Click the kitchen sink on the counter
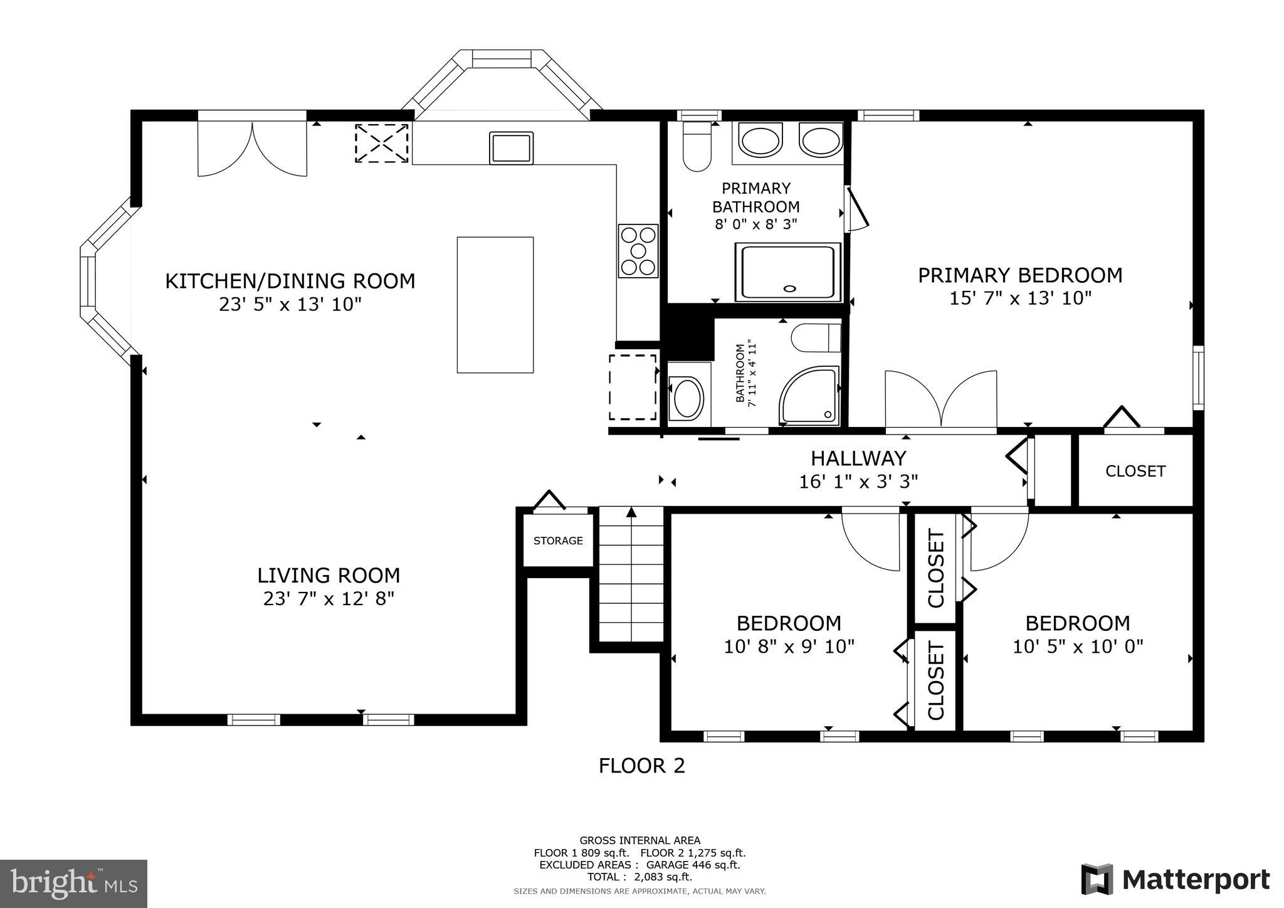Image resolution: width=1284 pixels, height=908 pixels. [511, 148]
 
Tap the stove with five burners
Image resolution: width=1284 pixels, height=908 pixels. [638, 251]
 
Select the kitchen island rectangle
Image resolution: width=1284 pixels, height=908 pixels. [495, 305]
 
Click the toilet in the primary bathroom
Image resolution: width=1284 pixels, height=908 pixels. [697, 148]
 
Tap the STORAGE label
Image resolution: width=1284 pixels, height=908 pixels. [558, 541]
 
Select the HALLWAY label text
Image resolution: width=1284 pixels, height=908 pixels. [858, 458]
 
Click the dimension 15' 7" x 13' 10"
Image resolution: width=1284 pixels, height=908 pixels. [1020, 298]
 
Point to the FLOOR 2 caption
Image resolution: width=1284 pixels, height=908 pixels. [641, 766]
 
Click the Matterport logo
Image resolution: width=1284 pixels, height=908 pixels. [1175, 879]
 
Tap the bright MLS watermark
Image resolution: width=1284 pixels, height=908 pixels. [73, 884]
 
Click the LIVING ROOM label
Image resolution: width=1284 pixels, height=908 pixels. [329, 575]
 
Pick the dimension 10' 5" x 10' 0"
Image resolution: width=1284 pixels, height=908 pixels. [1078, 646]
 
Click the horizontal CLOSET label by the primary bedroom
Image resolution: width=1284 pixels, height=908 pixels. [1135, 471]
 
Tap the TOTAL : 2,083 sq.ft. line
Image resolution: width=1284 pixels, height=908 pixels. [639, 877]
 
